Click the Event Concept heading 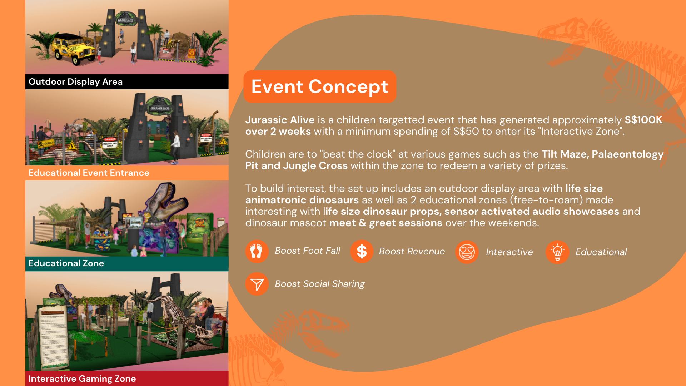(x=320, y=87)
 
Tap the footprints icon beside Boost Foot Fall (x=257, y=251)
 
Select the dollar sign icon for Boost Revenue (x=362, y=251)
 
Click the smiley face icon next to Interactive (x=467, y=252)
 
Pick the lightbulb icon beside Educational (x=557, y=252)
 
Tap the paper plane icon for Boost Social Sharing (x=257, y=284)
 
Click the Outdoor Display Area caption (x=75, y=82)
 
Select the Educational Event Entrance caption (x=89, y=173)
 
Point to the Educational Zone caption (x=66, y=263)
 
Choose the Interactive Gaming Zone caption (x=82, y=379)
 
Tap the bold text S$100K (x=643, y=120)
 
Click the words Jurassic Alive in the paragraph (x=280, y=120)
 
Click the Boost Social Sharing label (x=319, y=284)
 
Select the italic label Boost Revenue (x=412, y=251)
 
